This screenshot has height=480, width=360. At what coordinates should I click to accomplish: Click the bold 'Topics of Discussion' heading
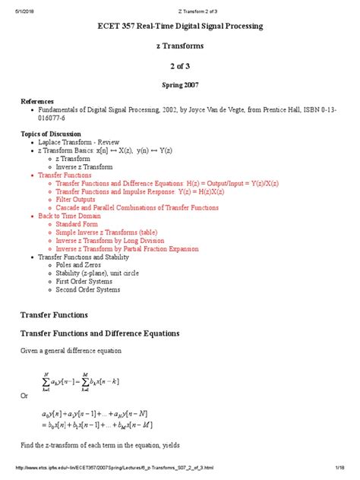tap(52, 133)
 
